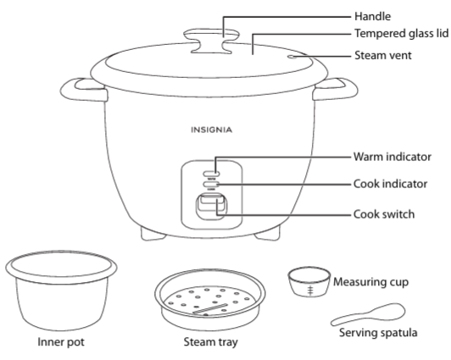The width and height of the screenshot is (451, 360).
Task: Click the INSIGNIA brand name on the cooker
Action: coord(209,130)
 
